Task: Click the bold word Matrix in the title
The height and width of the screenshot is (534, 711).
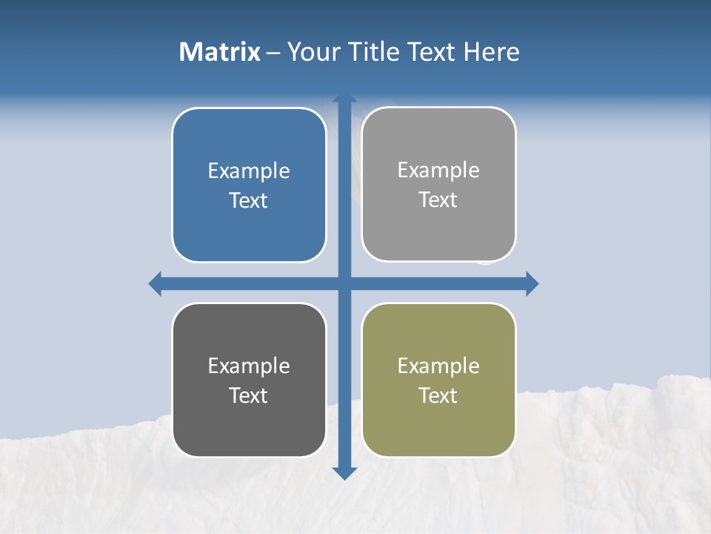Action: click(219, 52)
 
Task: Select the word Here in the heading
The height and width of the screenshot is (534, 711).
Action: click(490, 52)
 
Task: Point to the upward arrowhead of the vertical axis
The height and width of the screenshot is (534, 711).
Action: click(344, 99)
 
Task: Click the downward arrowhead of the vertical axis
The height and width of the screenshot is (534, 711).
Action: click(344, 472)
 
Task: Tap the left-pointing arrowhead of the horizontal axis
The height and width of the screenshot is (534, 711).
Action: click(156, 283)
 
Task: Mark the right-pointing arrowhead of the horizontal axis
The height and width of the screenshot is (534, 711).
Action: click(532, 283)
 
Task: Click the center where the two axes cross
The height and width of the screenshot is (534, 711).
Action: click(344, 283)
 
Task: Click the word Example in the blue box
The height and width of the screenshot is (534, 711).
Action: click(249, 171)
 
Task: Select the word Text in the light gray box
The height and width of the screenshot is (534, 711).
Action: click(438, 200)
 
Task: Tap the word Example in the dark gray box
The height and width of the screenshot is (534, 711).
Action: click(249, 366)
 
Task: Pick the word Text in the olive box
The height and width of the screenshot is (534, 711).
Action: click(438, 396)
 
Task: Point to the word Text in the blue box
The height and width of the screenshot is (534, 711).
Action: click(249, 201)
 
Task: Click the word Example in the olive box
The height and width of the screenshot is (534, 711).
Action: click(438, 366)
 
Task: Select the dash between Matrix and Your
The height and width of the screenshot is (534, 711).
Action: click(273, 53)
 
